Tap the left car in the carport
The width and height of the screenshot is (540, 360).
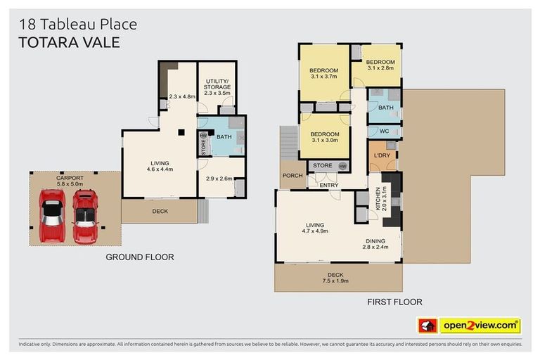coord(51,216)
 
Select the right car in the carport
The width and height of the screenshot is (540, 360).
coord(85,216)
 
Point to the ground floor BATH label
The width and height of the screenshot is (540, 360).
coord(224,136)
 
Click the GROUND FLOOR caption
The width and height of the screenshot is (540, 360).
coord(140,257)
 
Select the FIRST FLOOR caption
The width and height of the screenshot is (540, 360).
coord(394,302)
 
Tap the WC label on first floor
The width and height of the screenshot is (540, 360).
coord(384,131)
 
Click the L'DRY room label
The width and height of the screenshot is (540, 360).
coord(382,155)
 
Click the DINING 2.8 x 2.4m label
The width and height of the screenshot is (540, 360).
coord(375,244)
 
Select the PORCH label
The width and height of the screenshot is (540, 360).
coord(292,175)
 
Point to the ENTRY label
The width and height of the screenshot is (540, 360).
coord(328,186)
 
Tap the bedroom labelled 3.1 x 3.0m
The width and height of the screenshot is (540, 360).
coord(324,137)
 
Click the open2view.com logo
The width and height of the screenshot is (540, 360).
coord(480,326)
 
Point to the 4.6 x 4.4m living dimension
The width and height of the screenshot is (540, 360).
coord(160,169)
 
